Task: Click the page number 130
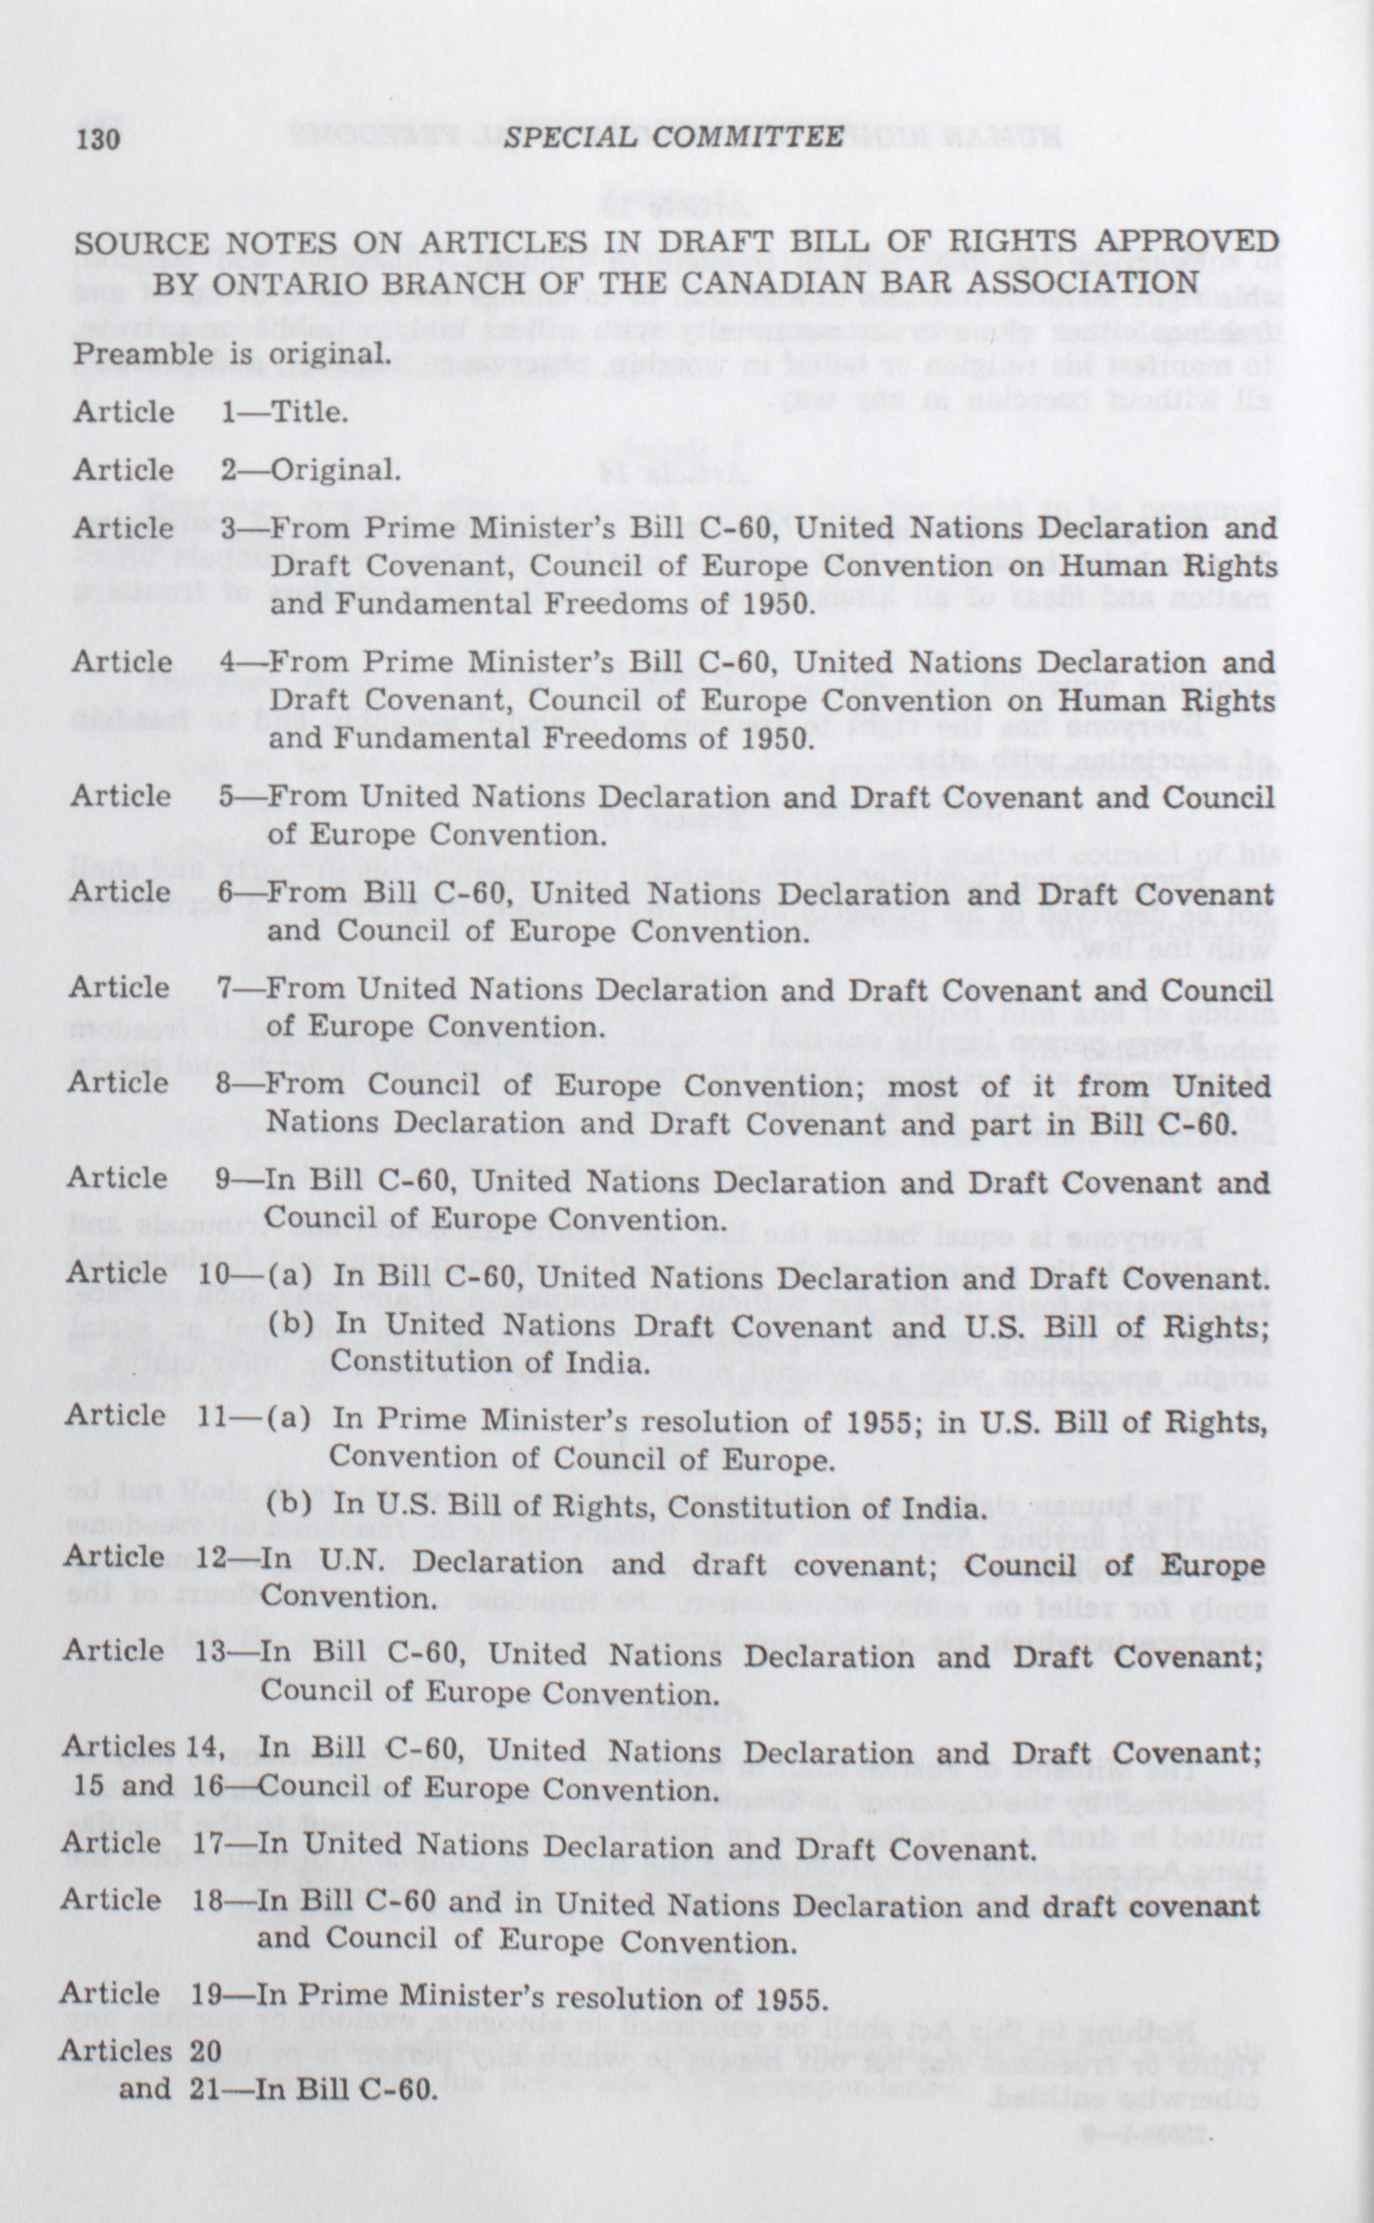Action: click(x=99, y=139)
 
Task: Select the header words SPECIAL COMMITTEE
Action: click(x=673, y=137)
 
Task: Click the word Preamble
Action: click(x=142, y=354)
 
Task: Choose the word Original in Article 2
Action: click(x=333, y=470)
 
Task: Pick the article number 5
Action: click(x=228, y=796)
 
